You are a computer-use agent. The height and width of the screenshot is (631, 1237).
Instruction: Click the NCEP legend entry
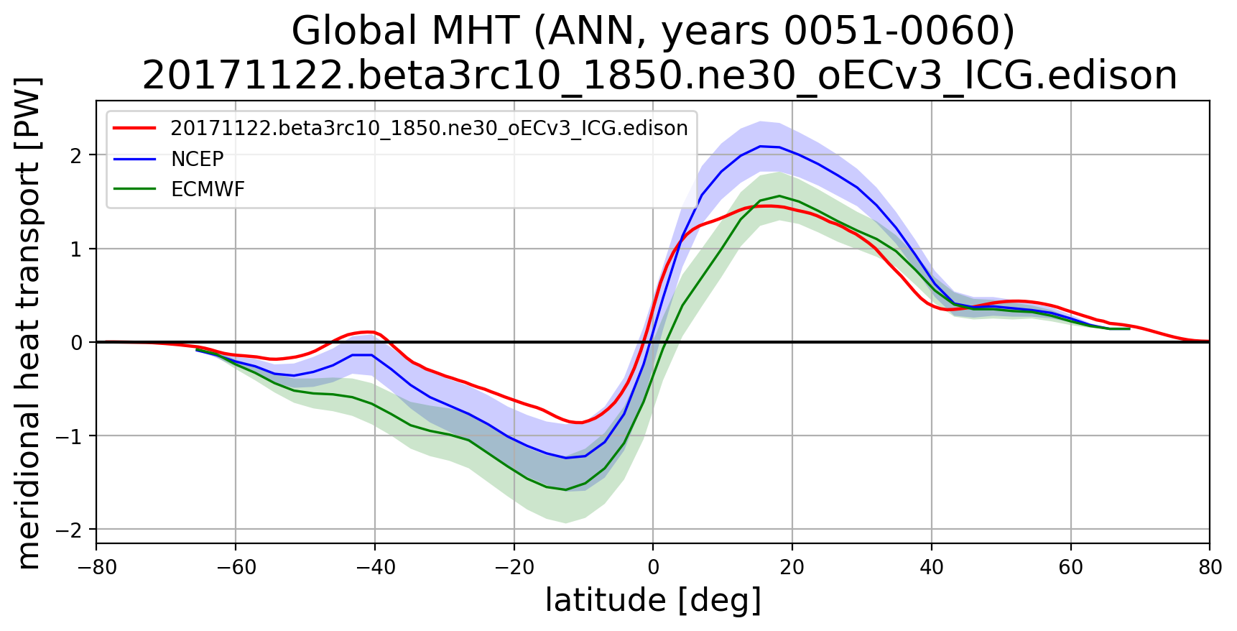pos(197,159)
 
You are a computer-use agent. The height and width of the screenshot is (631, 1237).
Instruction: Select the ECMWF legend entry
pos(208,189)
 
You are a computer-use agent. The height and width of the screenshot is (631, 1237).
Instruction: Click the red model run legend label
pos(429,128)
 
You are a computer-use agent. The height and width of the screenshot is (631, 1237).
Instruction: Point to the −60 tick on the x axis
pos(236,567)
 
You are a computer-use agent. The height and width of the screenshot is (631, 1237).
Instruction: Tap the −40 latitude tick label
pos(375,567)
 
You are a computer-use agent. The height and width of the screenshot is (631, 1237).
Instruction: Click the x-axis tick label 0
pos(653,567)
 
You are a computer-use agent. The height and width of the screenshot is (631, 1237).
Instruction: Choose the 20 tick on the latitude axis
pos(792,567)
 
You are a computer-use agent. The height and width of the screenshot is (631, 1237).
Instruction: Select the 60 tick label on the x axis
pos(1070,567)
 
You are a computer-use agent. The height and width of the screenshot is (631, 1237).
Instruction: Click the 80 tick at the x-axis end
pos(1210,567)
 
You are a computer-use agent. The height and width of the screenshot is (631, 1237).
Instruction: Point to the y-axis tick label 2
pos(76,155)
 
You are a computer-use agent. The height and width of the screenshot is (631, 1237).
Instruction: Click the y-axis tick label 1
pos(76,249)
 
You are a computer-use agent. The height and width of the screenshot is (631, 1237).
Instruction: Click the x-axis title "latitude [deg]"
pos(653,601)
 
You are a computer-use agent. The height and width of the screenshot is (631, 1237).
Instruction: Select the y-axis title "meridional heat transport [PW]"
pos(29,323)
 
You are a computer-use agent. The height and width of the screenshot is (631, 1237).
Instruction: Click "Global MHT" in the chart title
pos(404,32)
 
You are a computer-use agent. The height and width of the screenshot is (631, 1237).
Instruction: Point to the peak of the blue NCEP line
pos(760,146)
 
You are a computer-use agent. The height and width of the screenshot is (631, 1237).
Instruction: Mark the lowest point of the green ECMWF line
pos(565,489)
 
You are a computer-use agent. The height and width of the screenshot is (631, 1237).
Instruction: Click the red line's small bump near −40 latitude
pos(369,331)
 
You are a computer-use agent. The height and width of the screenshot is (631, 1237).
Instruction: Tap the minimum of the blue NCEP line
pos(565,458)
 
